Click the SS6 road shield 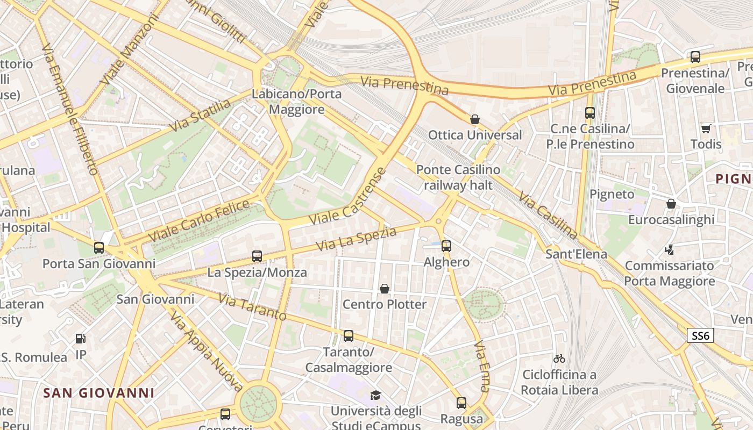(x=701, y=336)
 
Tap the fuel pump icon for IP (x=81, y=338)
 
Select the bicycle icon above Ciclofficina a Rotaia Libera (x=559, y=358)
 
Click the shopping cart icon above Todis (x=706, y=128)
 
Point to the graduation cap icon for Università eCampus (x=375, y=396)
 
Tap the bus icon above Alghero (x=446, y=246)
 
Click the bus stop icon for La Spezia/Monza (x=257, y=256)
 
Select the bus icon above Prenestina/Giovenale (x=695, y=57)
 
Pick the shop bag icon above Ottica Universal (x=474, y=119)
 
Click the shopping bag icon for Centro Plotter (x=385, y=289)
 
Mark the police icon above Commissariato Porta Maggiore (x=670, y=249)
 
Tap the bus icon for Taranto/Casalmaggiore (x=349, y=336)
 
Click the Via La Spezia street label (x=356, y=239)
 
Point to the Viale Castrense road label (x=349, y=199)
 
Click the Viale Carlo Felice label (x=199, y=221)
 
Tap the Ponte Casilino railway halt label (x=458, y=177)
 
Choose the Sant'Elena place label (x=576, y=254)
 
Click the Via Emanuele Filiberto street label (x=70, y=110)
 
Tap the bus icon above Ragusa (x=461, y=403)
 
